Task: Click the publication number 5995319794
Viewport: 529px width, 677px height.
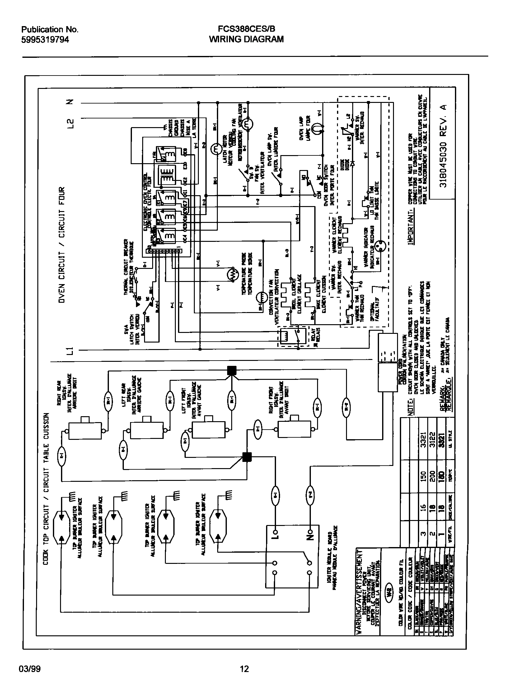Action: coord(45,39)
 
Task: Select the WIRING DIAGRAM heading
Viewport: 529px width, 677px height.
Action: coord(246,39)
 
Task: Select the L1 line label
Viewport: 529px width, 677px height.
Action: coord(71,351)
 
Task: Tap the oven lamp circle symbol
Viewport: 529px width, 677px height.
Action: coord(317,128)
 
